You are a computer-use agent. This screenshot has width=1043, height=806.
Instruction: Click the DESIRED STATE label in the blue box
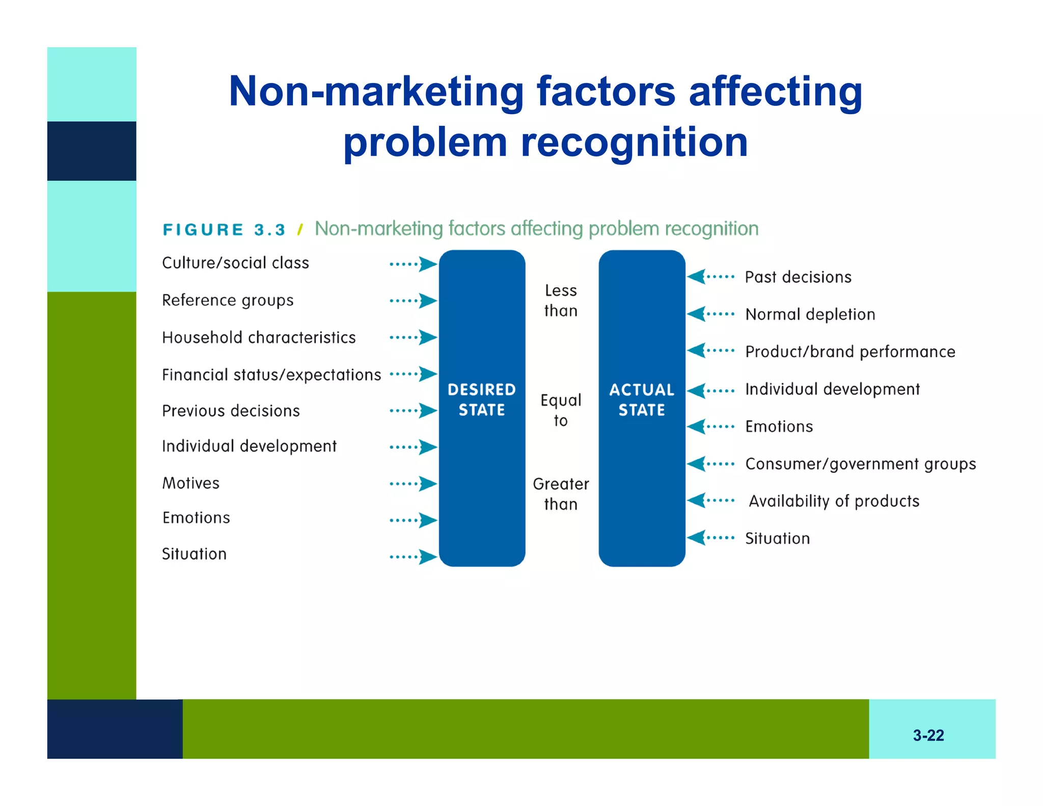point(481,399)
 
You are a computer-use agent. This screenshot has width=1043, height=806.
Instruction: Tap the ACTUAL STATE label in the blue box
point(641,399)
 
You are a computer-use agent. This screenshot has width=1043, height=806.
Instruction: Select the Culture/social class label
point(235,263)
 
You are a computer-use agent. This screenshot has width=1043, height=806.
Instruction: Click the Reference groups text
point(228,300)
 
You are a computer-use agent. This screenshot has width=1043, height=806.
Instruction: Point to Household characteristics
point(259,337)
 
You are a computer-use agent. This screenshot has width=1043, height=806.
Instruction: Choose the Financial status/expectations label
point(271,375)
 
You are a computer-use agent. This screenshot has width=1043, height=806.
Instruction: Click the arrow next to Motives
point(413,483)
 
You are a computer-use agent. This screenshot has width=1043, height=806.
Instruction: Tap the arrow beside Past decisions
point(710,277)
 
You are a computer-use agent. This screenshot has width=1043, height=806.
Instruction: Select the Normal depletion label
point(810,314)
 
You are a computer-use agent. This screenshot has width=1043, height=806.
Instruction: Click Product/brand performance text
point(850,352)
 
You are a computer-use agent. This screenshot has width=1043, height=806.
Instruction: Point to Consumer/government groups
point(860,464)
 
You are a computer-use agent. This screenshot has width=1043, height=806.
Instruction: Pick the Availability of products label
point(834,501)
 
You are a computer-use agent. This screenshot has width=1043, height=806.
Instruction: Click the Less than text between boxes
point(561,300)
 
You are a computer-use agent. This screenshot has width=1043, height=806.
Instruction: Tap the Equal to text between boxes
point(561,410)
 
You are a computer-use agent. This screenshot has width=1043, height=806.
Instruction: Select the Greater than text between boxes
point(561,494)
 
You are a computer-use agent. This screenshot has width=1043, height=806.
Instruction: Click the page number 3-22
point(928,735)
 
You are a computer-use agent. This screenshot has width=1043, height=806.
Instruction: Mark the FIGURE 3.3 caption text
point(224,230)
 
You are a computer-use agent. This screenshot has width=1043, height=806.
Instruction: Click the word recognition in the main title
point(634,142)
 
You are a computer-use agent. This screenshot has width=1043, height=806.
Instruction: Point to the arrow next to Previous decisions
point(413,411)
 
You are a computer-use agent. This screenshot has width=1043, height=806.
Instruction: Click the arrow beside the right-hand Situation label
point(710,538)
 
